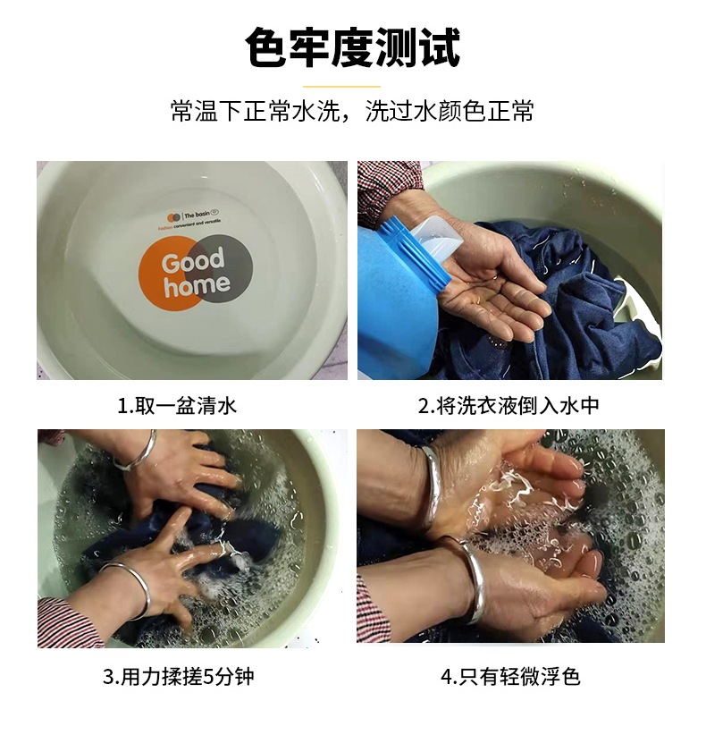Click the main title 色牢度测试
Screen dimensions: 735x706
353,49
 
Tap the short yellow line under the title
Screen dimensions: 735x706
353,87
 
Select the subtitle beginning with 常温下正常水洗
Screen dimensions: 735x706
353,114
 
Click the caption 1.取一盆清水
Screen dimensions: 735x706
177,406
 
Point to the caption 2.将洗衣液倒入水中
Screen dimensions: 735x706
509,406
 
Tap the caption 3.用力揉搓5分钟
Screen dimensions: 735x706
178,676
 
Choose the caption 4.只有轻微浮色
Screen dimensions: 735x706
510,676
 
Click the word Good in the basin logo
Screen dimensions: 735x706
192,264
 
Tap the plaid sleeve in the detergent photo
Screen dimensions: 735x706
384,188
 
